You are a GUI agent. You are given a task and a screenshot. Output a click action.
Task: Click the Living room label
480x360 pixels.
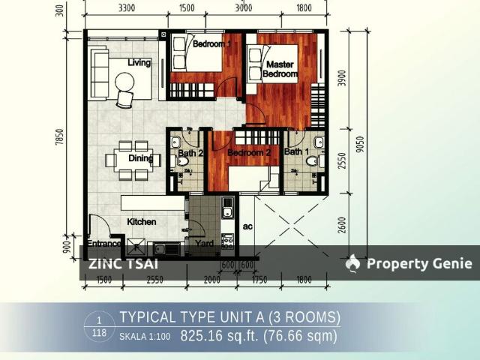(x=139, y=63)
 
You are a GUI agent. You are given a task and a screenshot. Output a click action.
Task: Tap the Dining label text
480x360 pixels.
(x=140, y=158)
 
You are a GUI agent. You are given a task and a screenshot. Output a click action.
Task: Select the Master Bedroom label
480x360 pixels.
(x=280, y=70)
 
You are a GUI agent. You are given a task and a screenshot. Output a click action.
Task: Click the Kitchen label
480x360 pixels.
(x=141, y=222)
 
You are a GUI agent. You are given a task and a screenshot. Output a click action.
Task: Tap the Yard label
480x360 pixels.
(x=204, y=244)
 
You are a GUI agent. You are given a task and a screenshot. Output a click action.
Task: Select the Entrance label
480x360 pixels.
(x=105, y=244)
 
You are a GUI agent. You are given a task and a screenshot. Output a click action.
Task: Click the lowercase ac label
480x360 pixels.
(x=247, y=225)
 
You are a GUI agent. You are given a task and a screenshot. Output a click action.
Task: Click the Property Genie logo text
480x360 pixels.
(x=418, y=263)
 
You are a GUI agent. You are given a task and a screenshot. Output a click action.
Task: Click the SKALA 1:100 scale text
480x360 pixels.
(x=145, y=337)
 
